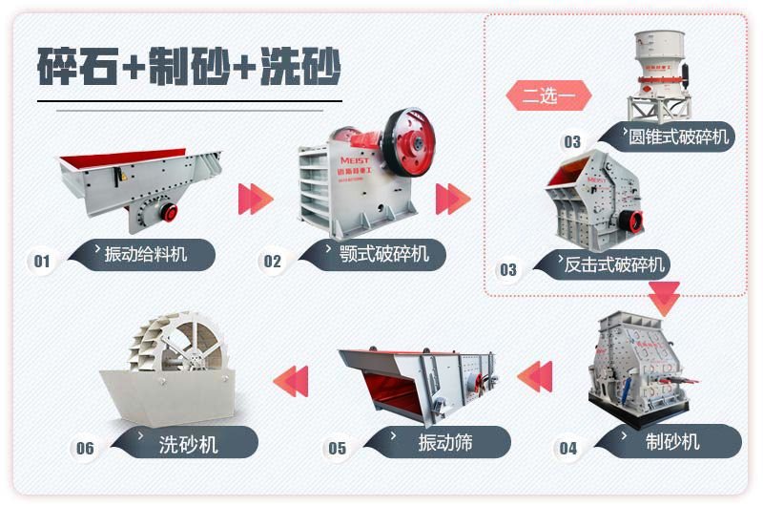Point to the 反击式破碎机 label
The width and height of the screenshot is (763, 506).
615,264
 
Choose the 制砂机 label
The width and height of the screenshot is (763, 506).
672,441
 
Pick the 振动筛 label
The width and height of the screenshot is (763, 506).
444,442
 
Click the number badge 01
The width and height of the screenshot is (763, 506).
42,261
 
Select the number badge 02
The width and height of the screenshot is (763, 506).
273,261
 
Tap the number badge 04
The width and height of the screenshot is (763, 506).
568,448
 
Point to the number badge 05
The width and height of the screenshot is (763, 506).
337,448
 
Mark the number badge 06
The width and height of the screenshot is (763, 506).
86,448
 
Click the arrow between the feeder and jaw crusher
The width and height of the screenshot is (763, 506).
255,199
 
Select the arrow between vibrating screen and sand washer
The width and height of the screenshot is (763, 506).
291,380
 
